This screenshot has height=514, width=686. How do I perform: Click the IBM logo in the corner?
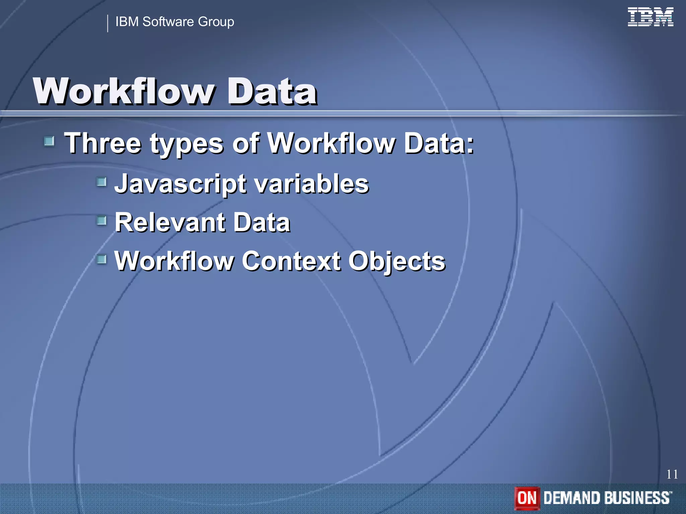(x=650, y=17)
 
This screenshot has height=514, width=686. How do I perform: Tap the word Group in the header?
(x=216, y=22)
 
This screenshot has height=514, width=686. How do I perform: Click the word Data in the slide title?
(x=272, y=91)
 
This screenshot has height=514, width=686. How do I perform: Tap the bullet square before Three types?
(x=49, y=141)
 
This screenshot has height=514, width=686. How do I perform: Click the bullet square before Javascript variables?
(x=101, y=182)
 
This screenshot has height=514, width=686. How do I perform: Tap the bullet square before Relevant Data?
(x=101, y=221)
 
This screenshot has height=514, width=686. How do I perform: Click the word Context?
(x=291, y=261)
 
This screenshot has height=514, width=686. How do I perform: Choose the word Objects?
(x=397, y=261)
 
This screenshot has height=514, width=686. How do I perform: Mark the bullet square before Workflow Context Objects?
(x=101, y=259)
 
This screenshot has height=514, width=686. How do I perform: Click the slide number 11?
(x=672, y=474)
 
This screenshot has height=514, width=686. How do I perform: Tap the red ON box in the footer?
(x=527, y=498)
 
